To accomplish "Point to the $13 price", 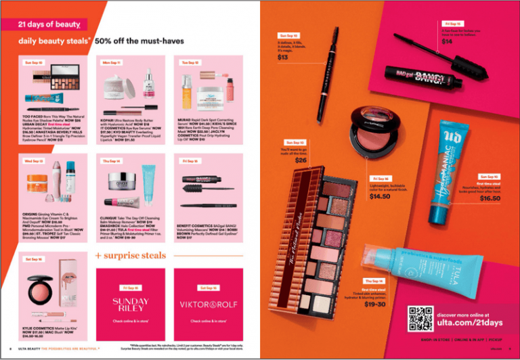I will click(x=283, y=58).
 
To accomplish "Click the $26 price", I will click(x=300, y=160).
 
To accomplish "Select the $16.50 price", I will click(x=490, y=198).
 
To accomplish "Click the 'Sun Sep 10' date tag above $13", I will click(x=288, y=35).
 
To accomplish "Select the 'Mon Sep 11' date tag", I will click(x=112, y=62).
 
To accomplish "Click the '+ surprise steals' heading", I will click(x=131, y=255).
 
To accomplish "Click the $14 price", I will click(x=447, y=42).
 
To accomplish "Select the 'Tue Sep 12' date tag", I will click(x=190, y=62).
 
